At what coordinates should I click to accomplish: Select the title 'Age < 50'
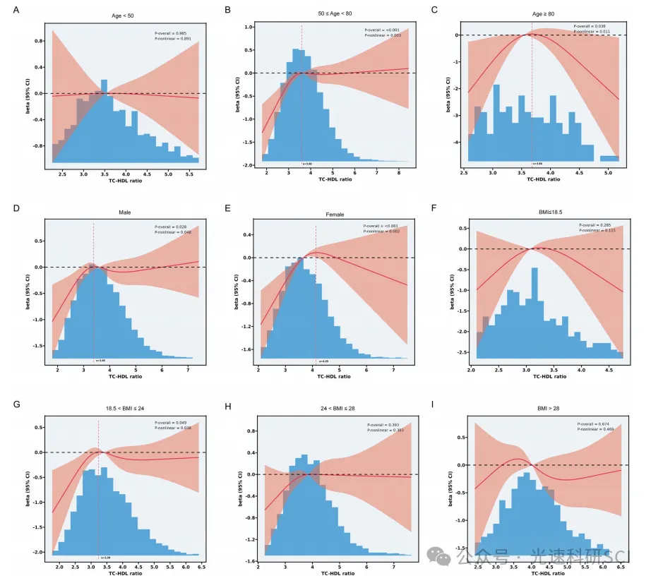coord(124,15)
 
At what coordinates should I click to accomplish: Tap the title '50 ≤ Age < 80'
coord(335,15)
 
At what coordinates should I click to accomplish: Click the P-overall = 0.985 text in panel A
coord(172,32)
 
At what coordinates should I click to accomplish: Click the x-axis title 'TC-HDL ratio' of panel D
coord(124,376)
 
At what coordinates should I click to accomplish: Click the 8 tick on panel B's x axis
coord(398,172)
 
